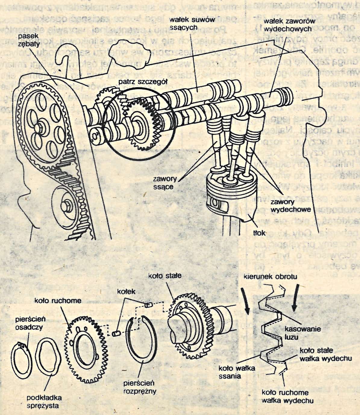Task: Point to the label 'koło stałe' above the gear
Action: (165, 276)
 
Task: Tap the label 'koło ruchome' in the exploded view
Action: (58, 300)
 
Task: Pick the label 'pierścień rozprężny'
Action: (139, 387)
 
